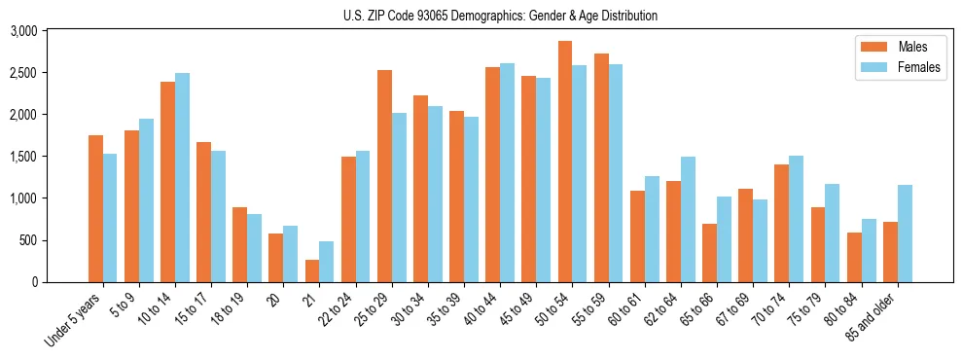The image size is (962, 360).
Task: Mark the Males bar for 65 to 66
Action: [710, 253]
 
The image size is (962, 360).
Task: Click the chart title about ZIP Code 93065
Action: [500, 16]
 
